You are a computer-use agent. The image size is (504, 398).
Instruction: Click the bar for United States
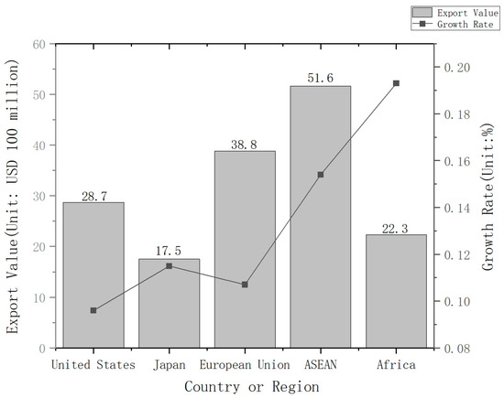93,274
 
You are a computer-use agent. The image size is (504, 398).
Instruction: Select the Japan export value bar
169,303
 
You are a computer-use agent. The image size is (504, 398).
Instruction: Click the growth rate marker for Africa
396,83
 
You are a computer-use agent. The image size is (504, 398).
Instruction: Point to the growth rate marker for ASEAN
320,174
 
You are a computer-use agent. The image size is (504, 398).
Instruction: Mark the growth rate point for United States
93,310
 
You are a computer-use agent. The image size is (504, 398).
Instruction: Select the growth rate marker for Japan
169,265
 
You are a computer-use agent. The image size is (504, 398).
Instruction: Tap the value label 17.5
169,252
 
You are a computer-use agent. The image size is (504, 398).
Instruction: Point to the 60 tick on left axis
38,44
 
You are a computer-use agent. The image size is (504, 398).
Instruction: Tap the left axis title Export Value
13,196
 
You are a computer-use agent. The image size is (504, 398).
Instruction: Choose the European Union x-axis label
245,363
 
